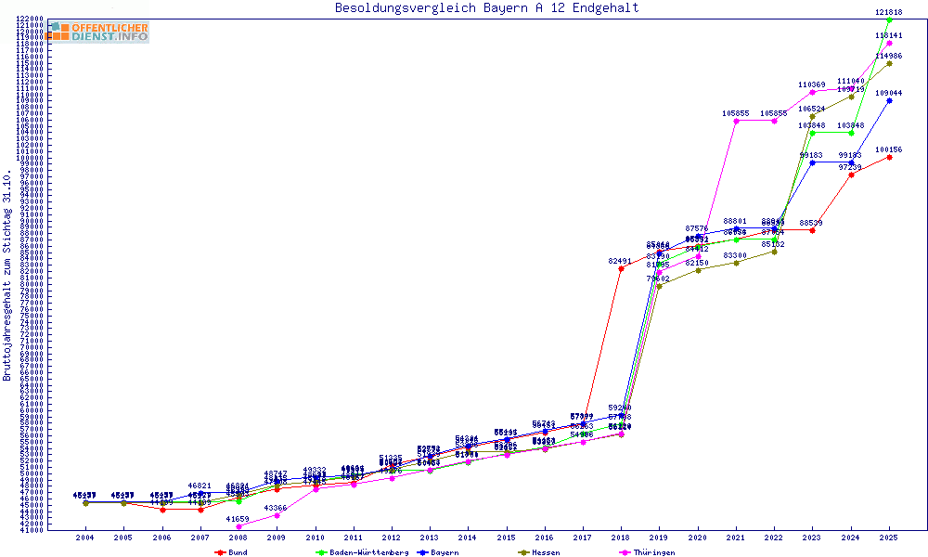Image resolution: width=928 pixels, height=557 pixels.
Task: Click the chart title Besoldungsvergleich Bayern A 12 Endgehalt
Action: (486, 8)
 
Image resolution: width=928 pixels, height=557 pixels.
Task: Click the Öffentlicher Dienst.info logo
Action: (98, 32)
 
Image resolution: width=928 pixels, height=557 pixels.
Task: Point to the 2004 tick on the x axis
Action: (84, 538)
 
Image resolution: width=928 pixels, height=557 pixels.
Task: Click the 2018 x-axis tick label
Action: (620, 538)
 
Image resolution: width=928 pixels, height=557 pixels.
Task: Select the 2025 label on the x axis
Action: (889, 538)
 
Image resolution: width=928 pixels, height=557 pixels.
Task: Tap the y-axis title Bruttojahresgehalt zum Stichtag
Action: (7, 275)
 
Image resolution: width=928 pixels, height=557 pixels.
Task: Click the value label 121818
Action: (889, 12)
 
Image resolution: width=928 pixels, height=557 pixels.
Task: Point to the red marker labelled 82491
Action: (621, 269)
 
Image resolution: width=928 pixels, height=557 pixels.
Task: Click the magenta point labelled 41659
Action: (238, 526)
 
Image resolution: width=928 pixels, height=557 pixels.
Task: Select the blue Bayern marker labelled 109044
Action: (889, 100)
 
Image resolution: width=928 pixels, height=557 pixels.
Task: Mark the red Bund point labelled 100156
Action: (889, 157)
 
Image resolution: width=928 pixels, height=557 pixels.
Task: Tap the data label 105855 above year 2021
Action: (736, 113)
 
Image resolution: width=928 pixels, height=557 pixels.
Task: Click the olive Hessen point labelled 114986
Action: (889, 63)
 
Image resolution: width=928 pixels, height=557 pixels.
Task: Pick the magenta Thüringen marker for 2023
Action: (812, 92)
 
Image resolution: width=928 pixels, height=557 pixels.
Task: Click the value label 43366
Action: (277, 508)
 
